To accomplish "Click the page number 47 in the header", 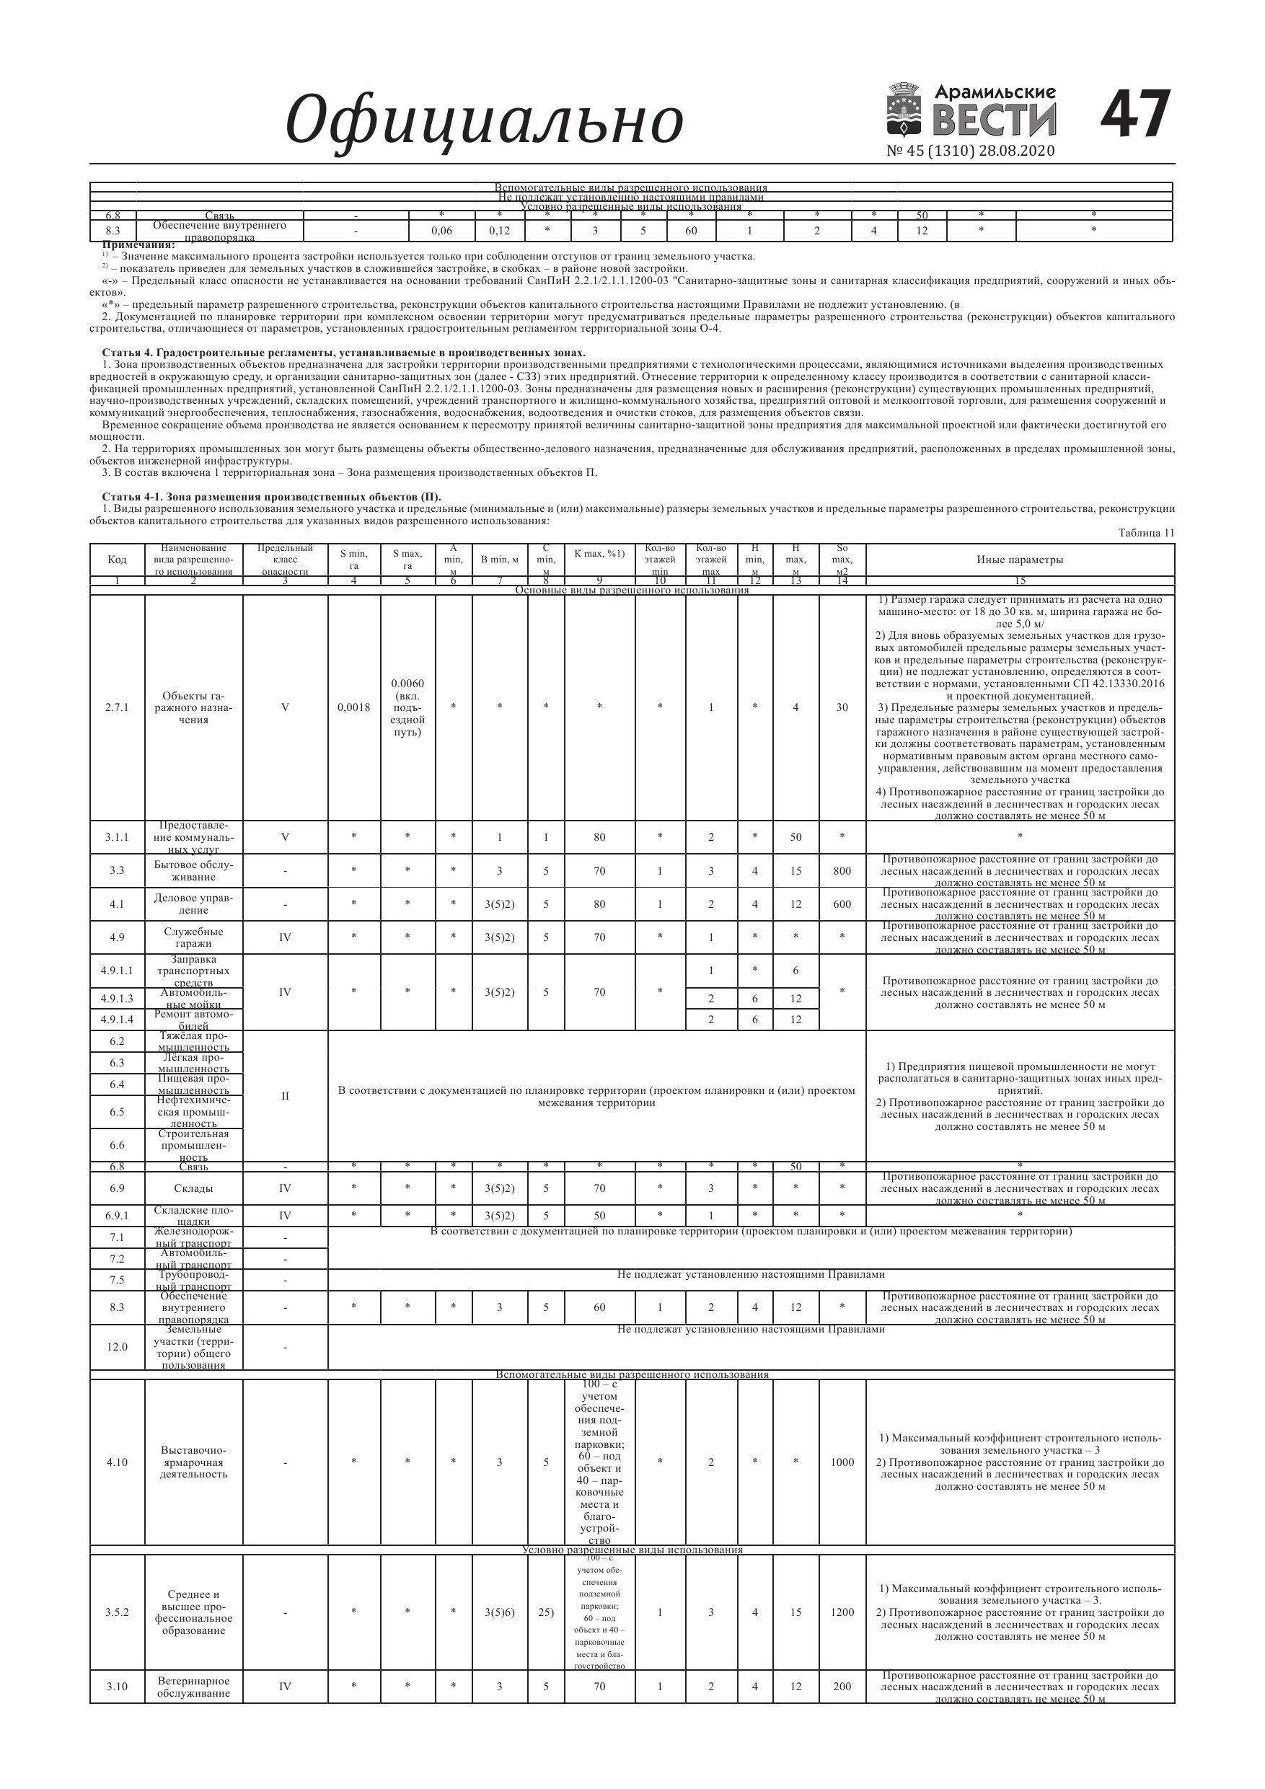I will coord(1135,115).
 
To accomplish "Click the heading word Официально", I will coord(484,120).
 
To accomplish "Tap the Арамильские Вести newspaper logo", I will coord(972,112).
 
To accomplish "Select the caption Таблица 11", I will coord(1146,533).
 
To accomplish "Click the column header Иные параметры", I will coord(1020,560).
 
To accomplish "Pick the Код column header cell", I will coord(117,560).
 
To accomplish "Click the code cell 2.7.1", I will coord(117,707).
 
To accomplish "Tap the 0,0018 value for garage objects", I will coord(354,707).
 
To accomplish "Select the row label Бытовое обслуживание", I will coord(193,871).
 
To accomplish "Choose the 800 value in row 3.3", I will coord(842,871).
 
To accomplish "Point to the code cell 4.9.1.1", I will coord(117,971).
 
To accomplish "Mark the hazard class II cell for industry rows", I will coord(286,1096).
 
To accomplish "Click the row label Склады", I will coord(193,1189).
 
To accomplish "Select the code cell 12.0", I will coord(117,1347).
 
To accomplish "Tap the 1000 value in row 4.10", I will coord(842,1462).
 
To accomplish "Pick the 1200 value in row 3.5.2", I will coord(842,1612).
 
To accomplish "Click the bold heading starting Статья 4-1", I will coord(271,497).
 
